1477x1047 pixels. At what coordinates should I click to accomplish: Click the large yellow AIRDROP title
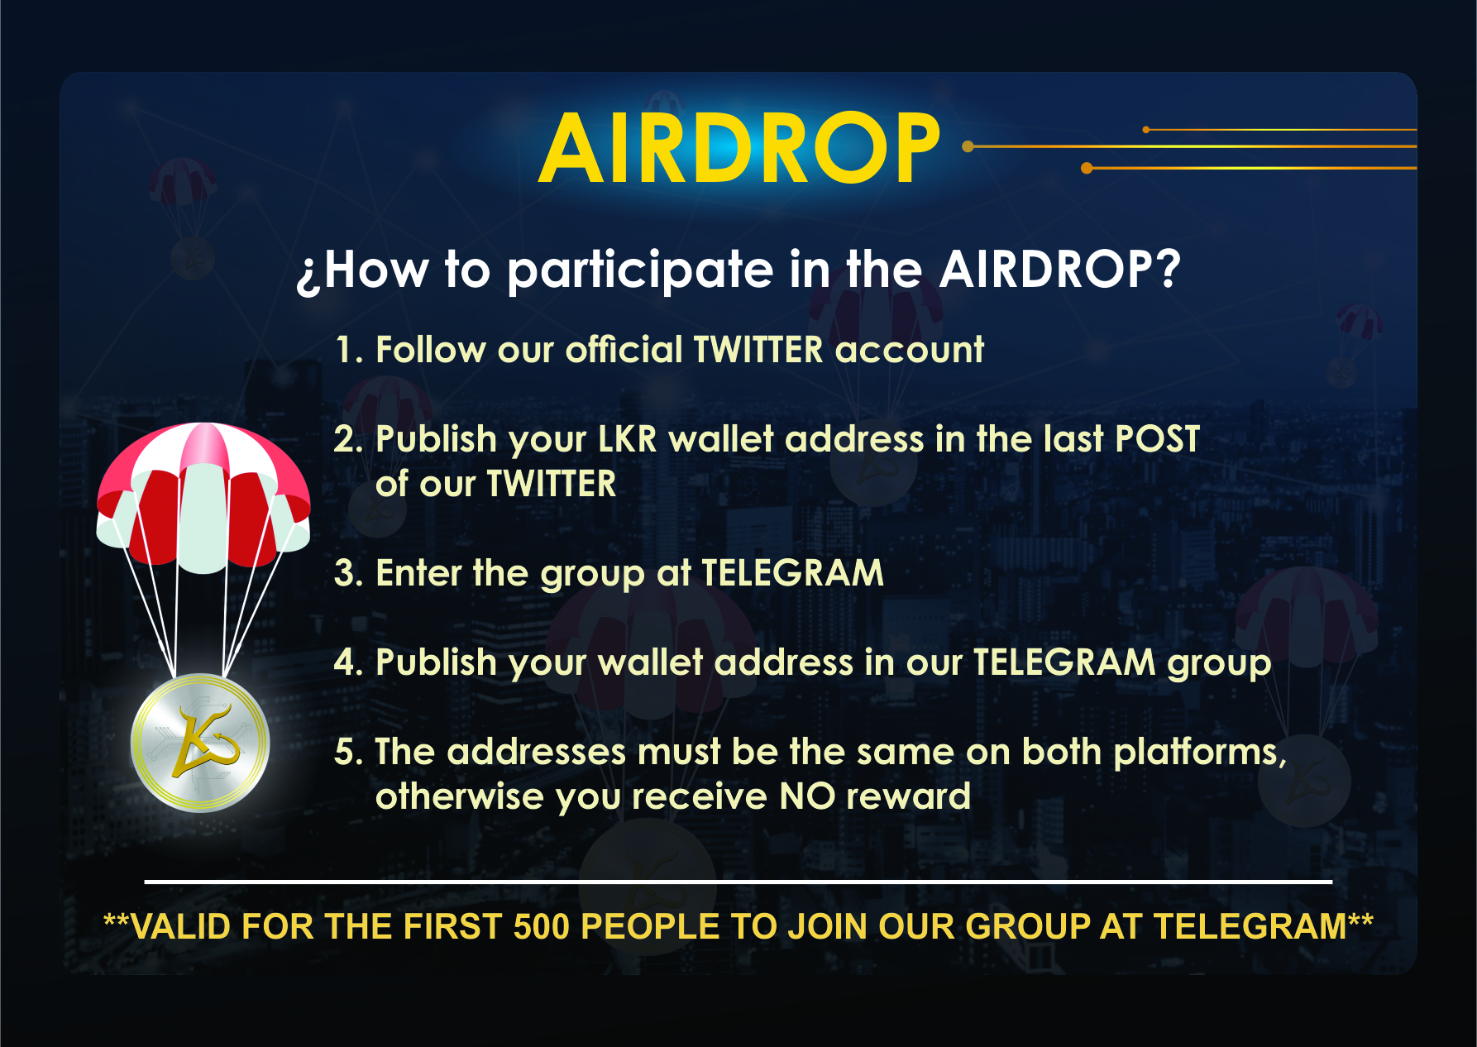tap(739, 148)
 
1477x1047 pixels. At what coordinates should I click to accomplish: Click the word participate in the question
tap(640, 272)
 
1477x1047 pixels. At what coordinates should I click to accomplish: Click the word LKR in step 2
tap(627, 439)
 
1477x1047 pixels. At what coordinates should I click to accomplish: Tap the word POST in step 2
tap(1157, 439)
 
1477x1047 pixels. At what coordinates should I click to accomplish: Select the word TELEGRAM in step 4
tap(1064, 662)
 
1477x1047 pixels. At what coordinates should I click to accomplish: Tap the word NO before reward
tap(806, 796)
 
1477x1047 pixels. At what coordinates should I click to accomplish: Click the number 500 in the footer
tap(542, 927)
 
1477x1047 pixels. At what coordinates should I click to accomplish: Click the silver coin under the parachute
tap(200, 742)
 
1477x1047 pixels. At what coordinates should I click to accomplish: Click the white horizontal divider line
tap(738, 882)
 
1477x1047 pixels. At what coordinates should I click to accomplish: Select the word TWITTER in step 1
tap(758, 349)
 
